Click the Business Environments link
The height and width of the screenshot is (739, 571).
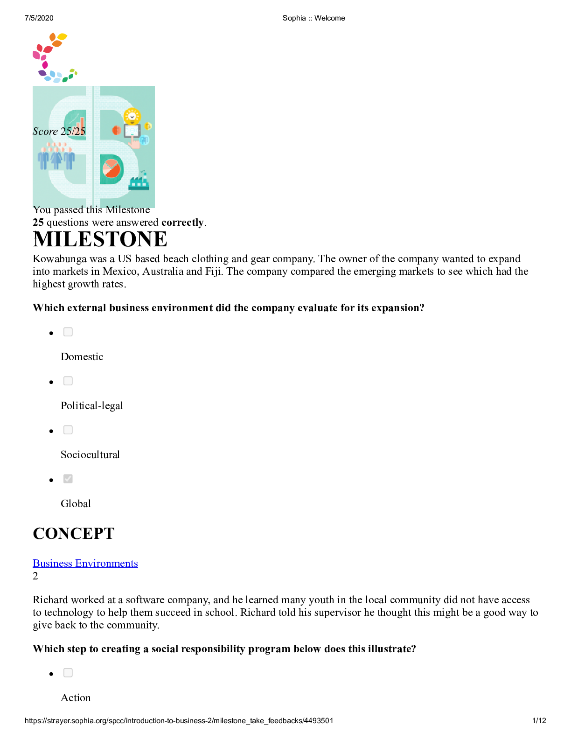pyautogui.click(x=85, y=563)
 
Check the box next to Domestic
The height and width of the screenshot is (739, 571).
pyautogui.click(x=68, y=332)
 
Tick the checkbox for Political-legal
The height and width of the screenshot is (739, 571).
pyautogui.click(x=68, y=381)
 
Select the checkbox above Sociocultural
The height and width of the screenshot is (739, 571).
pyautogui.click(x=68, y=430)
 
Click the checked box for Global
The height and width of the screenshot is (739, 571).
pyautogui.click(x=68, y=479)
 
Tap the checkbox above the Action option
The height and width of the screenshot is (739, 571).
pyautogui.click(x=68, y=673)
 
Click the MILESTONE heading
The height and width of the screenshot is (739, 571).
pyautogui.click(x=100, y=239)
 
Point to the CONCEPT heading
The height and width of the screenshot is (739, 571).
pyautogui.click(x=74, y=533)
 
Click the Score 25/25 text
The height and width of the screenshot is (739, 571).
pyautogui.click(x=59, y=132)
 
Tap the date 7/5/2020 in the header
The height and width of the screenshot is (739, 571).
pyautogui.click(x=39, y=18)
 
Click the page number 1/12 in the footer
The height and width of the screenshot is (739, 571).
pyautogui.click(x=539, y=720)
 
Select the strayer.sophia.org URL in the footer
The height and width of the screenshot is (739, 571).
pyautogui.click(x=179, y=720)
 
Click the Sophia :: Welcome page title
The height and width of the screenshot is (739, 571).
pyautogui.click(x=313, y=18)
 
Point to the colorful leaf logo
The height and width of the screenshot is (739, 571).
pyautogui.click(x=54, y=57)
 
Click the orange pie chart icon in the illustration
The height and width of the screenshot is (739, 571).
pyautogui.click(x=112, y=168)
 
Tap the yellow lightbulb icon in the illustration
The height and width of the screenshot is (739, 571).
pyautogui.click(x=132, y=116)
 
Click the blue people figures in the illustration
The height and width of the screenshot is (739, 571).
pyautogui.click(x=56, y=158)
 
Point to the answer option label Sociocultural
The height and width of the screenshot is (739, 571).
pyautogui.click(x=90, y=455)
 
